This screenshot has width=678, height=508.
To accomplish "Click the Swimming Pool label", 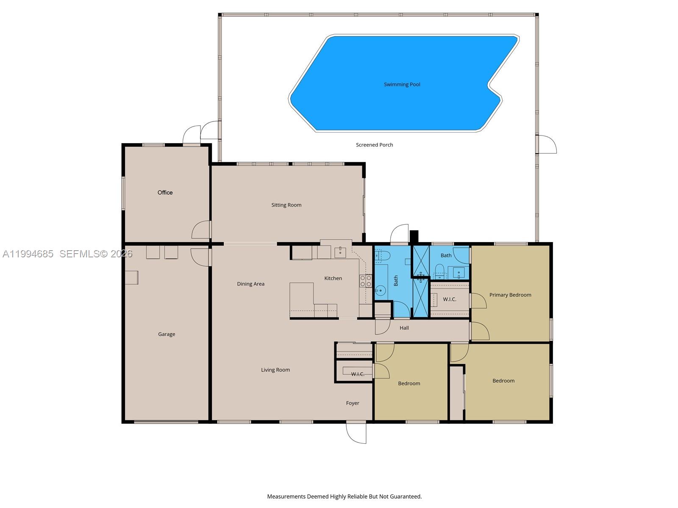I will [x=402, y=84].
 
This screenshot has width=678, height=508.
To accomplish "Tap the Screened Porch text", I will [x=374, y=145].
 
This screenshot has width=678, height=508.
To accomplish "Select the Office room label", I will [x=165, y=193].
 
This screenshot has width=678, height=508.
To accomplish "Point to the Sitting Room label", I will [x=286, y=205].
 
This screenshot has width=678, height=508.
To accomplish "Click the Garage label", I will [x=166, y=334].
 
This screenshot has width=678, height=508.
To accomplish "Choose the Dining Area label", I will [x=250, y=284].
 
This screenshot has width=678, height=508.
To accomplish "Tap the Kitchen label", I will [x=333, y=278].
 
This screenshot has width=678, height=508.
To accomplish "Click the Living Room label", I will [x=275, y=370].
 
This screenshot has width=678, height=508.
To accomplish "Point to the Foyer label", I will [x=352, y=403].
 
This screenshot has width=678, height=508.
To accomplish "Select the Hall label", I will [x=404, y=328].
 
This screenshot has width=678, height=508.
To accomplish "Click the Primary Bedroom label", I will [x=510, y=295].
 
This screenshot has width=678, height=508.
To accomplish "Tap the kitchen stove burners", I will [x=365, y=281].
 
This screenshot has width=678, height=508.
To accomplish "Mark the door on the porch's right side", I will [x=547, y=144].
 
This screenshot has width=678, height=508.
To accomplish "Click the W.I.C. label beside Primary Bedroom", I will [x=449, y=299].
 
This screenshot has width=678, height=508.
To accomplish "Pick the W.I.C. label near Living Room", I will [x=357, y=374].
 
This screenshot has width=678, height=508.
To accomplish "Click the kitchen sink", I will [x=340, y=252].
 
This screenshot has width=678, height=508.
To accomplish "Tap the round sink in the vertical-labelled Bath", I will [x=380, y=290].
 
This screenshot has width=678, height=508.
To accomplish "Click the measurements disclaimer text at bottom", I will [x=344, y=497].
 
